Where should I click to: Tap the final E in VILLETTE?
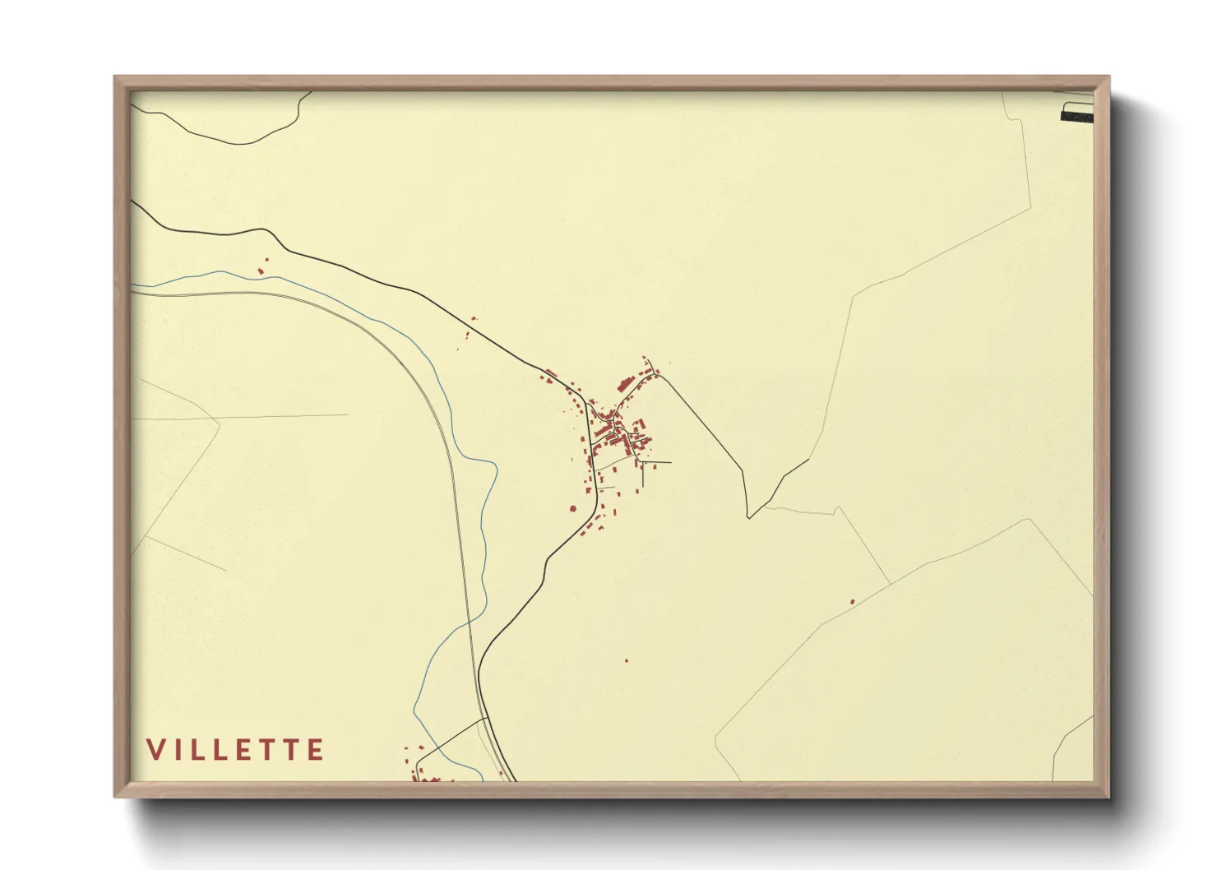(316, 750)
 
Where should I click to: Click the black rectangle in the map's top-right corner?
(1077, 113)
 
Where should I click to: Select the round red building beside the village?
(573, 509)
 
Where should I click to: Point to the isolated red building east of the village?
(852, 602)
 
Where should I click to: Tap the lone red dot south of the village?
(627, 660)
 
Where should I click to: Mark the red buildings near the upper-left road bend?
(262, 268)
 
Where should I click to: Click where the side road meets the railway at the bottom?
(486, 719)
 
